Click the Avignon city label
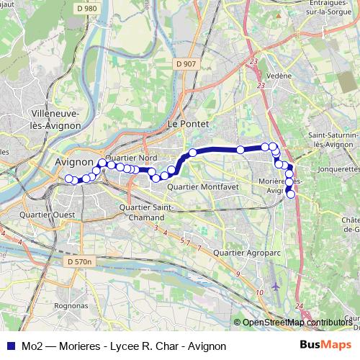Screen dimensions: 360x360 point(75,163)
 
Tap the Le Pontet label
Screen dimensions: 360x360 point(187,124)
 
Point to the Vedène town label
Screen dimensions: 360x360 point(280,74)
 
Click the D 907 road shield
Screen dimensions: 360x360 point(185,64)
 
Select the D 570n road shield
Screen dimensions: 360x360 point(78,261)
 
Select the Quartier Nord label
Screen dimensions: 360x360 point(131,158)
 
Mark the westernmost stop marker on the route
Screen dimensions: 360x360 point(69,179)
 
